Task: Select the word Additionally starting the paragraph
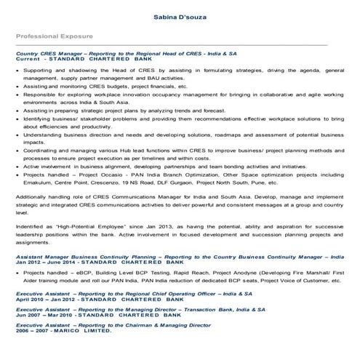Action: point(33,196)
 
